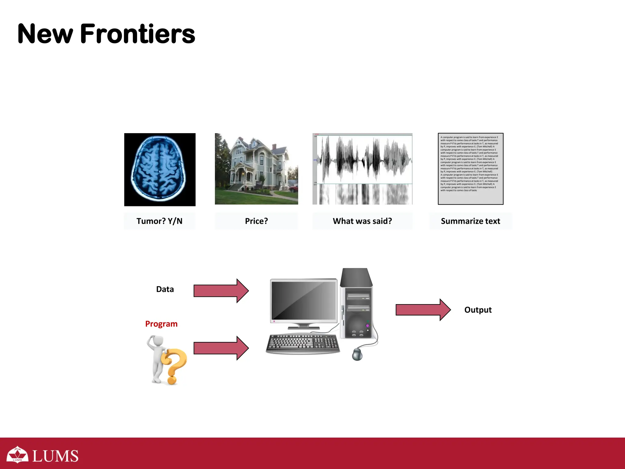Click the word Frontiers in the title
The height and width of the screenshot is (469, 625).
click(x=137, y=34)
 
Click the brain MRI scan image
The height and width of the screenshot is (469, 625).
click(x=160, y=169)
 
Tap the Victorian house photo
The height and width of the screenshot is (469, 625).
click(x=256, y=169)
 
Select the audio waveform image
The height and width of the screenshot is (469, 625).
click(x=362, y=169)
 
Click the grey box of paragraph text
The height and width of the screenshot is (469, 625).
click(x=470, y=169)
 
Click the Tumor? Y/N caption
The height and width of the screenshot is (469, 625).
click(x=159, y=221)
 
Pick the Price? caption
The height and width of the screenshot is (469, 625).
click(x=256, y=221)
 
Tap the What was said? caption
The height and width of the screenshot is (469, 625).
click(x=362, y=221)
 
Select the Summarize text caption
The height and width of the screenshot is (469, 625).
click(x=470, y=221)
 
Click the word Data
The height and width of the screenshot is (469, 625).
click(x=165, y=289)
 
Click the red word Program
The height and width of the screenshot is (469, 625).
click(x=161, y=324)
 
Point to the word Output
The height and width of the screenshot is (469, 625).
click(x=478, y=310)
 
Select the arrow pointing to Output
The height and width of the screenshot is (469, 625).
click(x=423, y=310)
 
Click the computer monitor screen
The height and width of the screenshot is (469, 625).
click(x=304, y=301)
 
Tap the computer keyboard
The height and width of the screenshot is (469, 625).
click(x=303, y=344)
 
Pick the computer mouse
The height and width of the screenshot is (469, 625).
click(x=357, y=354)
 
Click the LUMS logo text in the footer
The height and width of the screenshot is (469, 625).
click(x=55, y=456)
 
